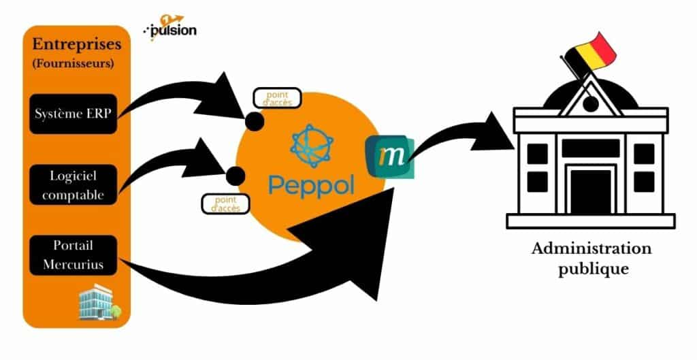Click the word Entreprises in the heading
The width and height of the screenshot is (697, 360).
77,45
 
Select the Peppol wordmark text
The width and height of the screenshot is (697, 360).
311,183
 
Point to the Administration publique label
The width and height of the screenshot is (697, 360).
591,258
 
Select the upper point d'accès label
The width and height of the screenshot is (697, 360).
277,98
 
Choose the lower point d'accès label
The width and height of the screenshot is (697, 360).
225,203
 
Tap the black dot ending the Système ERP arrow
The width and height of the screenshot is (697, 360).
255,122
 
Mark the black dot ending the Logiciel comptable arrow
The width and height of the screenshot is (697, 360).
235,176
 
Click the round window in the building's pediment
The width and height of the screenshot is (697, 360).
589,104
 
